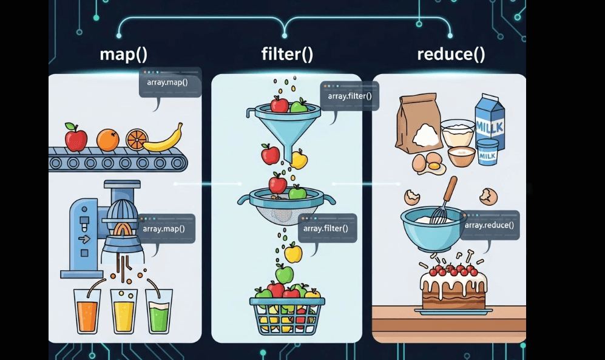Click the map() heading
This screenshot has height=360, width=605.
(x=124, y=54)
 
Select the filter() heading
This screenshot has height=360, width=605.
(x=287, y=54)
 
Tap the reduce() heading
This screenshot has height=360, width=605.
(x=451, y=54)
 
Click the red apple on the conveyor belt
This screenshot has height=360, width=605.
(x=76, y=137)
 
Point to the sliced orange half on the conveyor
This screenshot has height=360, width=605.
(x=137, y=140)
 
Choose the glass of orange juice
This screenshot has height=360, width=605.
(x=87, y=310)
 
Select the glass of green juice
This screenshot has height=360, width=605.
(x=159, y=310)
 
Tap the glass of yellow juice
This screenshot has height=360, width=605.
(x=124, y=310)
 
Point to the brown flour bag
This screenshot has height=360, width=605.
(x=418, y=124)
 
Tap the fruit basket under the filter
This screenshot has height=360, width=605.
(x=287, y=313)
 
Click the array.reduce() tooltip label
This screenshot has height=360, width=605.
(x=489, y=225)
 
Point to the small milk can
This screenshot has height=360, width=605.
(x=487, y=152)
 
